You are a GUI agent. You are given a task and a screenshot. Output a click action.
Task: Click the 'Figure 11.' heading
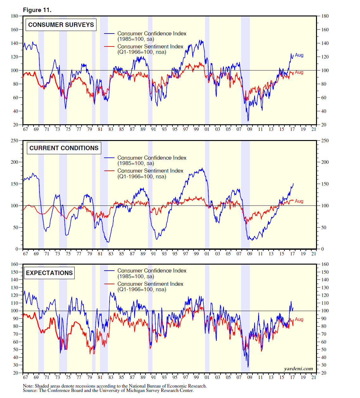click(x=37, y=10)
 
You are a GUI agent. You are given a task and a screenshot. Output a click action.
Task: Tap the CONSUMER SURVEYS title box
click(x=61, y=25)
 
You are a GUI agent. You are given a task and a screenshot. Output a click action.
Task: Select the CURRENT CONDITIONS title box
click(x=64, y=148)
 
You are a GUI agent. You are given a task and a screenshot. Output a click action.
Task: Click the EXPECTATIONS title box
click(x=49, y=273)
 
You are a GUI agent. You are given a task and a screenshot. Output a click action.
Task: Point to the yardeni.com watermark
click(x=298, y=369)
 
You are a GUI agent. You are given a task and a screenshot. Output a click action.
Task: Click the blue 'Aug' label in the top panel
click(x=299, y=55)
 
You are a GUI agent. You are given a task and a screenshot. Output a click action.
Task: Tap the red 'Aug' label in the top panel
click(x=299, y=72)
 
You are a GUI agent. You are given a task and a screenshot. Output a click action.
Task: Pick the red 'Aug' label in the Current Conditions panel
click(x=299, y=201)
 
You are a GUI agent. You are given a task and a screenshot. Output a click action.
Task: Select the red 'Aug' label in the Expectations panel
click(x=299, y=319)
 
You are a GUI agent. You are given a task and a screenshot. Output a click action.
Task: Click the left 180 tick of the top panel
click(x=15, y=16)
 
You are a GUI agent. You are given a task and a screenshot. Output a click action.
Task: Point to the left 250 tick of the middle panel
click(x=15, y=140)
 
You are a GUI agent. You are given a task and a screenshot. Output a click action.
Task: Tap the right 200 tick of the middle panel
click(x=325, y=162)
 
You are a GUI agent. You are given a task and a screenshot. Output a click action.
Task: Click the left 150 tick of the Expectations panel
click(x=15, y=272)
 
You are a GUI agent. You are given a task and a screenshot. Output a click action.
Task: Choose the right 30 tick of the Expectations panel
click(x=324, y=365)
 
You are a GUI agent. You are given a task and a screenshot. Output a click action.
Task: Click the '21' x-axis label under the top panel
click(x=313, y=129)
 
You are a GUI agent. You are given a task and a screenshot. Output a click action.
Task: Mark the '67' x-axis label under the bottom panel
click(x=25, y=377)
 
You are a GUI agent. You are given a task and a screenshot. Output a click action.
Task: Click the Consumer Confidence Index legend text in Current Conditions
click(x=152, y=158)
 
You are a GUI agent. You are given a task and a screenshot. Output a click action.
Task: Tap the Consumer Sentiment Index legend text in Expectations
click(x=150, y=284)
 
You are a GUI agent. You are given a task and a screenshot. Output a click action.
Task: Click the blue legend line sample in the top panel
click(x=109, y=34)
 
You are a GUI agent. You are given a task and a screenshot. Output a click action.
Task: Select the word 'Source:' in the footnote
click(x=30, y=390)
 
